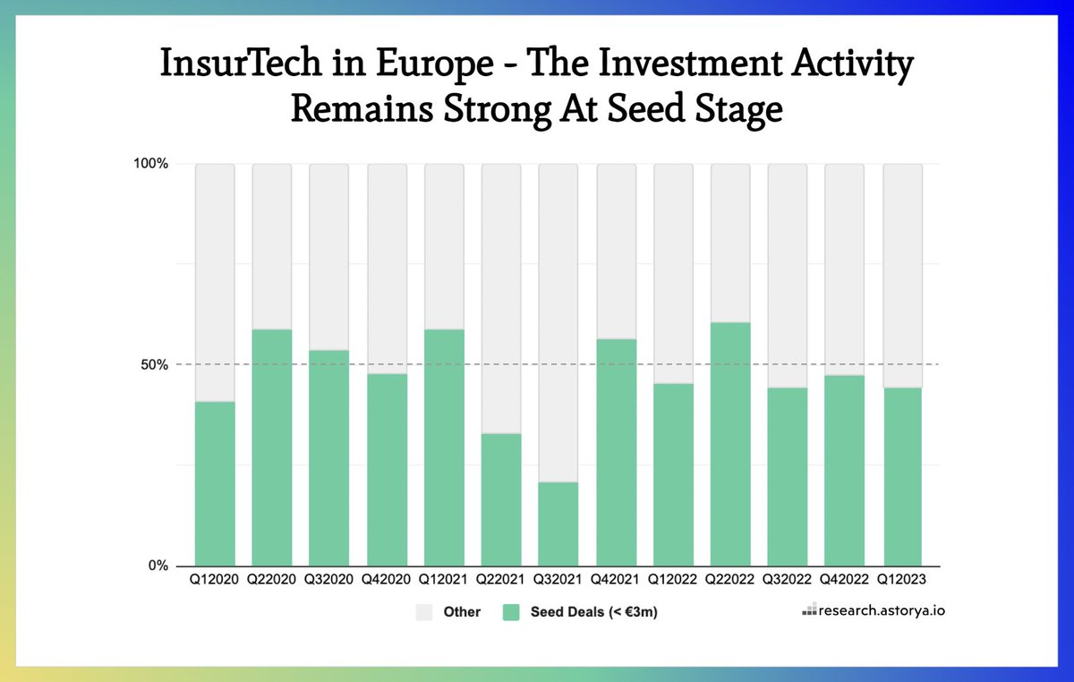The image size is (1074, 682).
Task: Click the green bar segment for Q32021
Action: [558, 524]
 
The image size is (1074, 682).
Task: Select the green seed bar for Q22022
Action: [729, 444]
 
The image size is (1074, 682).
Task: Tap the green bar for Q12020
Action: [215, 483]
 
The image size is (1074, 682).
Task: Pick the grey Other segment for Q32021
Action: [558, 322]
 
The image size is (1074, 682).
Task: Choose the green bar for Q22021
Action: [500, 499]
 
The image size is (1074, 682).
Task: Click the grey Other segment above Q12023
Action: [901, 276]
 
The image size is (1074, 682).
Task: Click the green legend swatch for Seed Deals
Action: [511, 612]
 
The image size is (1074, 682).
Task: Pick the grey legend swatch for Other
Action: [424, 612]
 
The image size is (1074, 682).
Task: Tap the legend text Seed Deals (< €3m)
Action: [587, 612]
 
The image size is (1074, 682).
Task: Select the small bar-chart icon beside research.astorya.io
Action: [809, 612]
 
